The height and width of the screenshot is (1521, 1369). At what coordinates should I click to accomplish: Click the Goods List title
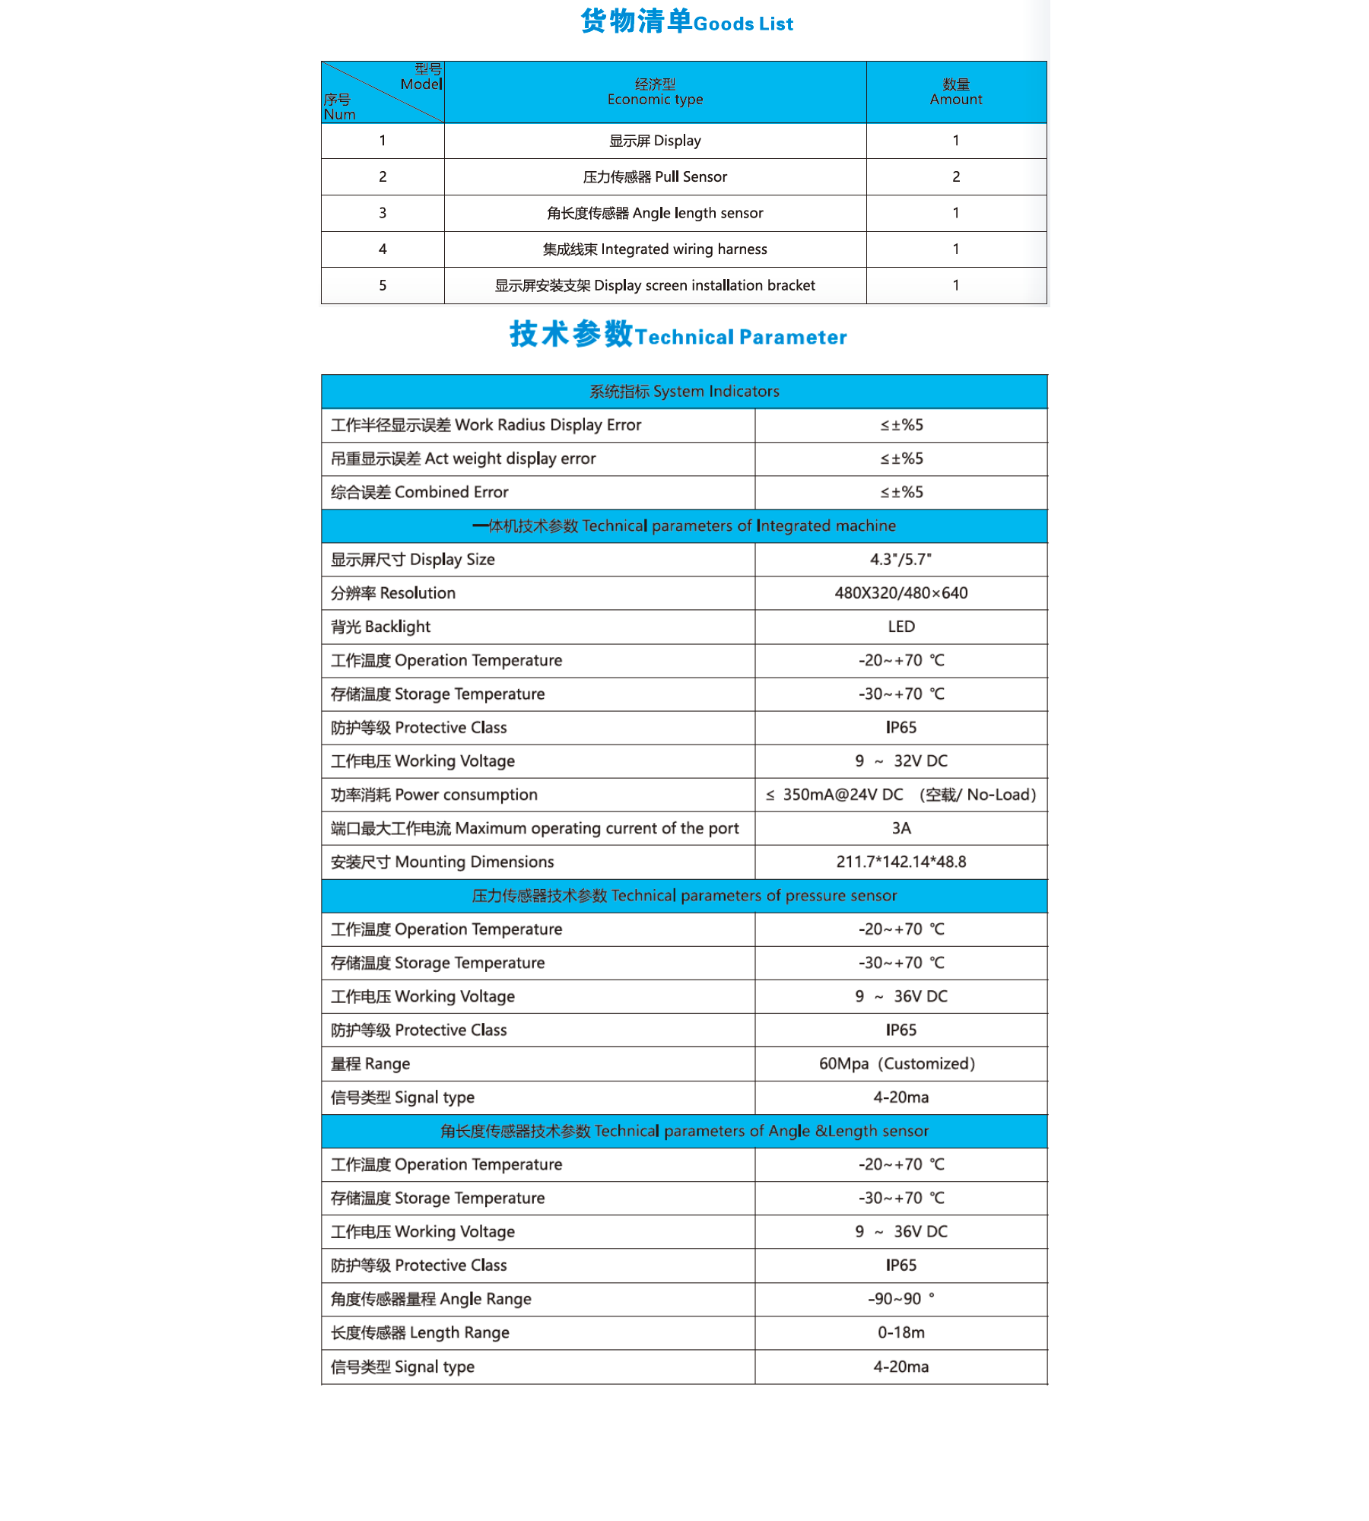(x=686, y=22)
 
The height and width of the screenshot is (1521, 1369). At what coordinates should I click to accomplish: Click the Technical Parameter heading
(x=678, y=335)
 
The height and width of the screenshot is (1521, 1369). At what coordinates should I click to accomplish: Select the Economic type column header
(x=655, y=92)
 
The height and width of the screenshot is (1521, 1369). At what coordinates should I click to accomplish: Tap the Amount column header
(x=955, y=92)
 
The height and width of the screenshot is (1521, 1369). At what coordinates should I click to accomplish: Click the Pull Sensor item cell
(x=655, y=177)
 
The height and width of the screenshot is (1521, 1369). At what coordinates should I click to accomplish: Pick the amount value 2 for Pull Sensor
(x=955, y=177)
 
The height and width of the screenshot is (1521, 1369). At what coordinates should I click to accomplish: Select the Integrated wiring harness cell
(x=655, y=249)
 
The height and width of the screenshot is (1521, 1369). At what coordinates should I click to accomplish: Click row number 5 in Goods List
(x=383, y=286)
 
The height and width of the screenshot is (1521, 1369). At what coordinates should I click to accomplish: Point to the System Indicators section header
(x=684, y=392)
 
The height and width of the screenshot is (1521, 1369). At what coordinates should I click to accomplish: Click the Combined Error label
(x=420, y=493)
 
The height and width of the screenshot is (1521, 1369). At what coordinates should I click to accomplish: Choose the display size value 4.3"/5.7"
(x=900, y=560)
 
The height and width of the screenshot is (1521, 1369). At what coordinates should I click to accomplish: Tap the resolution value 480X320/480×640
(x=900, y=593)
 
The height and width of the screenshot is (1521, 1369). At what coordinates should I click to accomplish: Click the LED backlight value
(x=900, y=627)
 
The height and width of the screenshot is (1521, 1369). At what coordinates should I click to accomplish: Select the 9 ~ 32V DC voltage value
(x=900, y=761)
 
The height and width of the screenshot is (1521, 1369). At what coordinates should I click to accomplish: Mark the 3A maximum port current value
(x=900, y=828)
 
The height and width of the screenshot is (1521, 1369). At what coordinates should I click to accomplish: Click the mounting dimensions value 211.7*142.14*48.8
(x=900, y=862)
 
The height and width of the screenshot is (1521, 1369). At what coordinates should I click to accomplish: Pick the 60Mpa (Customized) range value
(x=897, y=1064)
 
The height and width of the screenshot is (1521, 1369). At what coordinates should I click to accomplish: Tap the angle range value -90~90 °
(x=900, y=1299)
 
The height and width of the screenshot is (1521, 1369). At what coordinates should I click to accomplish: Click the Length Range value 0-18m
(x=900, y=1332)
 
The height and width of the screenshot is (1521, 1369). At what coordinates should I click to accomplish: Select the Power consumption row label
(x=434, y=795)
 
